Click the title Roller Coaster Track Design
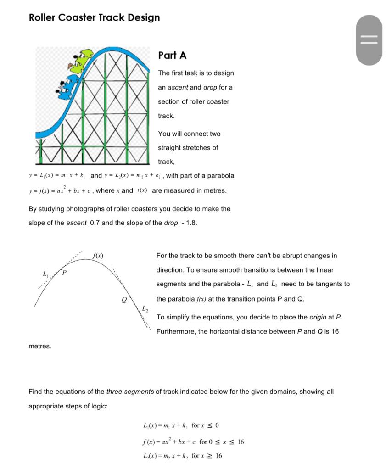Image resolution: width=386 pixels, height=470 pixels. pyautogui.click(x=94, y=17)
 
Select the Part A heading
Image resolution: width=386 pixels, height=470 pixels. pyautogui.click(x=172, y=55)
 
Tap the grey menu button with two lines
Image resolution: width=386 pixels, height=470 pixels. pyautogui.click(x=369, y=40)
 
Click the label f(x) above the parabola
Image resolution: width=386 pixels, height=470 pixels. pyautogui.click(x=98, y=255)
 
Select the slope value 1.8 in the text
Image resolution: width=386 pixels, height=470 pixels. pyautogui.click(x=191, y=223)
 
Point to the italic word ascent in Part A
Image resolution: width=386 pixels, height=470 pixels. pyautogui.click(x=179, y=87)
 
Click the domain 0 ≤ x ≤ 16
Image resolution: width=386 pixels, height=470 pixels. pyautogui.click(x=227, y=442)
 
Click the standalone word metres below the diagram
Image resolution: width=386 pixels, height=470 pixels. pyautogui.click(x=40, y=346)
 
